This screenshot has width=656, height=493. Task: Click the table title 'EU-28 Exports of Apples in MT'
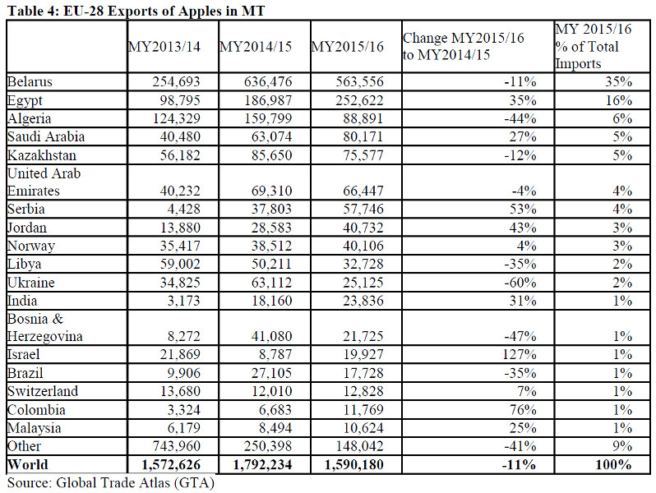click(164, 11)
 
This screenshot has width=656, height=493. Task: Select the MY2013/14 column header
click(164, 46)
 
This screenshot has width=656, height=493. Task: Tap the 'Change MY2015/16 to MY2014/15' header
click(463, 46)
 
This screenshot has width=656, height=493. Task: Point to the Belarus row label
click(30, 81)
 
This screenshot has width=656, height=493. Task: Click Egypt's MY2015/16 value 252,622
click(359, 100)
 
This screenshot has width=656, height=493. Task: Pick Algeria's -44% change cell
click(520, 119)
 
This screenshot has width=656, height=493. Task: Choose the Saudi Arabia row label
click(46, 136)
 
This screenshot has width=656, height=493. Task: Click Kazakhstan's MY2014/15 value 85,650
click(271, 155)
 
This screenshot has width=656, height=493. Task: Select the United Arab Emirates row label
click(44, 182)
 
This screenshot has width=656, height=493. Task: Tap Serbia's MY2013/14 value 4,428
click(183, 209)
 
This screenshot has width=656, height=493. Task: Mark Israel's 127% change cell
click(519, 354)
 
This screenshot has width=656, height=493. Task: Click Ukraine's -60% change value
click(520, 283)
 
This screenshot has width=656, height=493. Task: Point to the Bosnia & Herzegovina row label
click(44, 327)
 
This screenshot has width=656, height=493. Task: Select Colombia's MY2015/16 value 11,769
click(363, 409)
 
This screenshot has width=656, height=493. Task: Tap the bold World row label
click(28, 464)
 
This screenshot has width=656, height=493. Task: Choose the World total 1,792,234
click(262, 464)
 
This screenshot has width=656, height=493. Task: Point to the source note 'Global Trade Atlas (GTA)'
click(135, 483)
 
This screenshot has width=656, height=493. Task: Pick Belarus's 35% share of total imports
click(618, 81)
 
